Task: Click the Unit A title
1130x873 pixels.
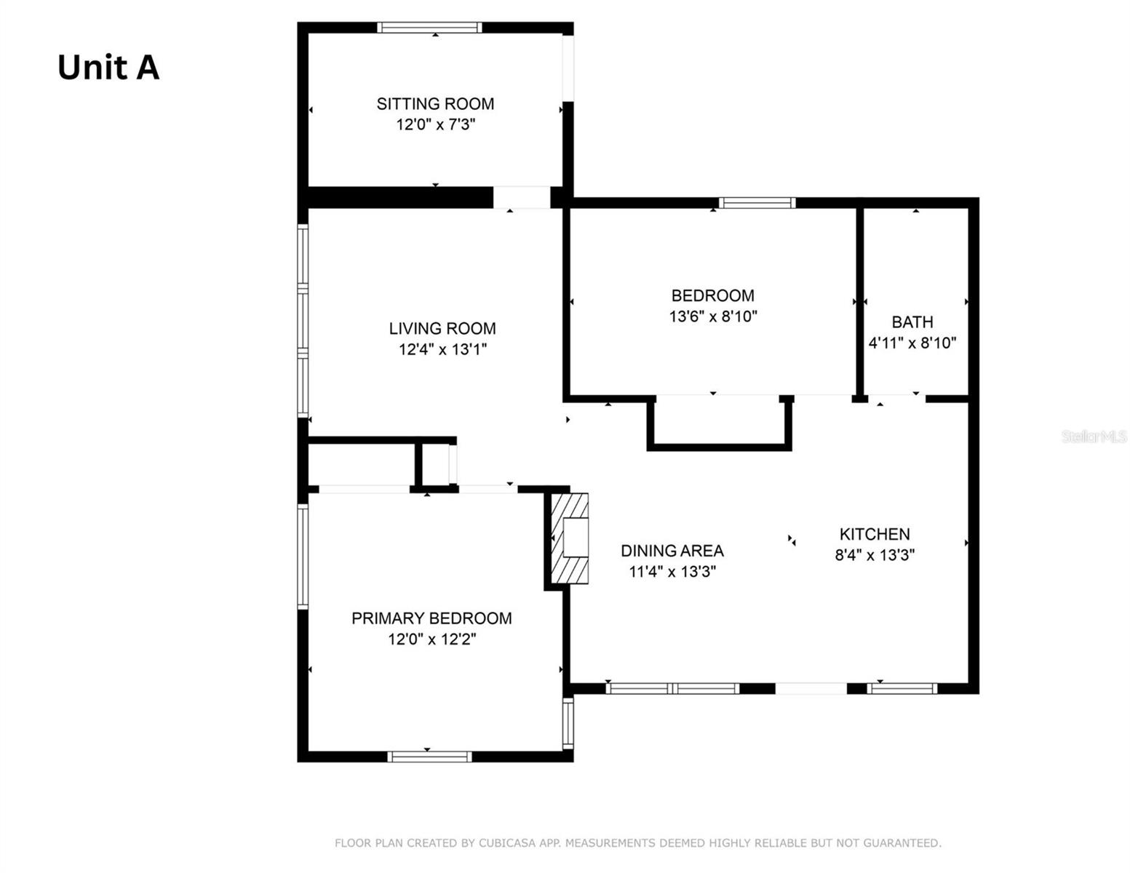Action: pos(108,68)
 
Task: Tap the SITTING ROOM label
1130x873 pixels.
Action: pos(435,104)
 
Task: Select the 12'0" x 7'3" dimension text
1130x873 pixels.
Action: pos(435,124)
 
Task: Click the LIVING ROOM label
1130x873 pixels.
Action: pos(442,329)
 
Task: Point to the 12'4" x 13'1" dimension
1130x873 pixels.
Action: pos(442,349)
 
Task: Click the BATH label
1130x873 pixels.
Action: pos(912,322)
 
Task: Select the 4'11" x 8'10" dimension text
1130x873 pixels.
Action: pos(912,343)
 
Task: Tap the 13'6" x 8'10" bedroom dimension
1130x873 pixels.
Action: pos(713,316)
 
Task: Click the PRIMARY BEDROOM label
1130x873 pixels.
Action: pos(431,618)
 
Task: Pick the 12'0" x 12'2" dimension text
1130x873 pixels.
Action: pos(431,639)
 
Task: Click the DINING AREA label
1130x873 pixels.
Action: pos(672,551)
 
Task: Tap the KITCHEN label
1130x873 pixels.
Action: pos(875,534)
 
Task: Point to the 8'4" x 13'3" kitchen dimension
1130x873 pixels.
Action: pos(875,555)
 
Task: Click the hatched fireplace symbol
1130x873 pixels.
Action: pos(568,538)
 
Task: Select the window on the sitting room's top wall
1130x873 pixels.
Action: pos(429,28)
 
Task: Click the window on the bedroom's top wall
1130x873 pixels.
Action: pos(757,203)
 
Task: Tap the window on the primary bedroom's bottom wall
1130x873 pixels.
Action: pos(429,757)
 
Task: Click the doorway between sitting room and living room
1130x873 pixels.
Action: pos(522,197)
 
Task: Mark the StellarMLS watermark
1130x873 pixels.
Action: pos(1094,436)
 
